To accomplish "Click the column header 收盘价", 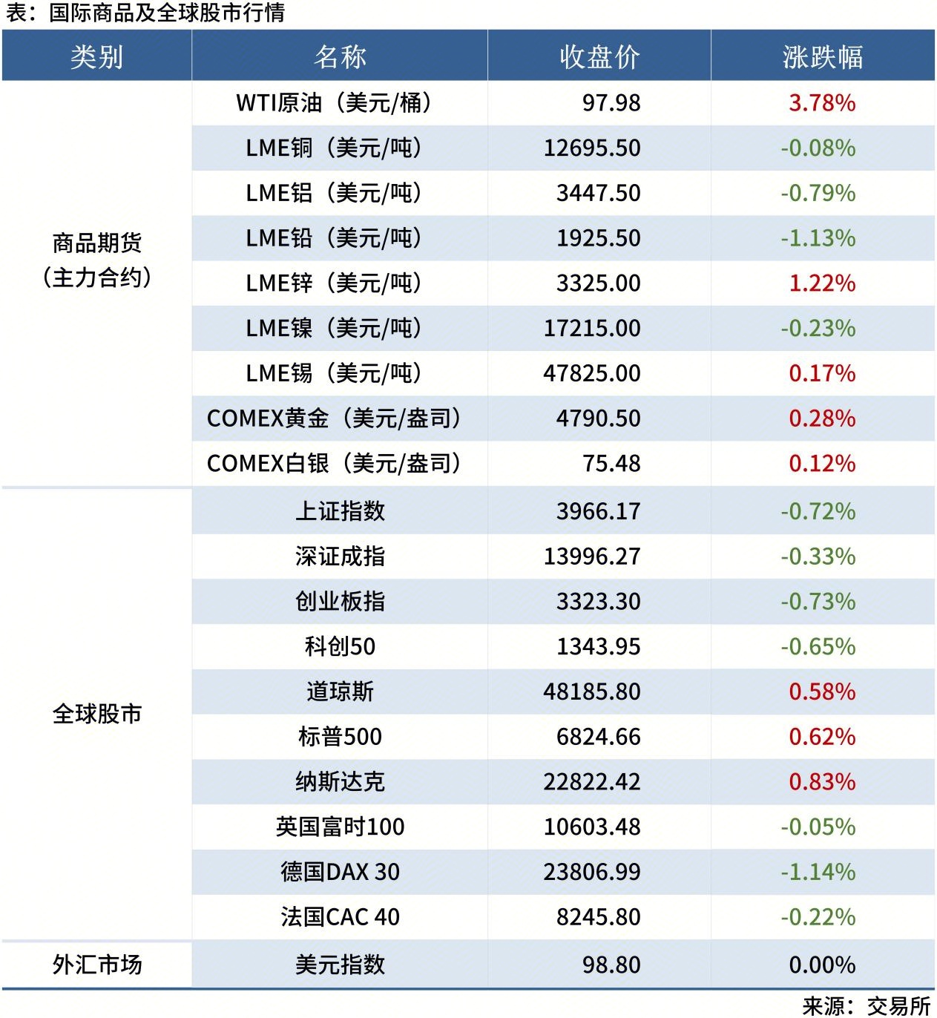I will pos(599,57).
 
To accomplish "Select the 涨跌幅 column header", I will pos(823,57).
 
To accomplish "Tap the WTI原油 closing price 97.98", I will pos(611,102).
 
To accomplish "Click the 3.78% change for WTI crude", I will pos(822,102).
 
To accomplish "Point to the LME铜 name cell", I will pos(334,148).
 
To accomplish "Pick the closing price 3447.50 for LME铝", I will pos(598,193).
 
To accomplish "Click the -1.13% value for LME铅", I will pos(818,238).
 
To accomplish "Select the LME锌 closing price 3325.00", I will pos(598,283).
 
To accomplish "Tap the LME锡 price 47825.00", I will pos(591,373).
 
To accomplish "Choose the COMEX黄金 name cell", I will pos(334,418).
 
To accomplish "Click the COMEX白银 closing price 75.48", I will pos(611,464).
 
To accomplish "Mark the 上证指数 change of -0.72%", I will pos(818,511).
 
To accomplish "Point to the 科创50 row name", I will pos(340,646).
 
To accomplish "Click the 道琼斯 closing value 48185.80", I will pos(591,692).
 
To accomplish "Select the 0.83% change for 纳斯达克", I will pos(822,781).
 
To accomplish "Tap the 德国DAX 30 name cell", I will pos(340,872).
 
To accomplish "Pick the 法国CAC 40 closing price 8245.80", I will pos(598,917).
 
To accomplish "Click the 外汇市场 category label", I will pos(97,965).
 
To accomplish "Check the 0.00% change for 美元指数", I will pos(822,965).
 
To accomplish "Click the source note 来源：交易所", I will pos(867,1005).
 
